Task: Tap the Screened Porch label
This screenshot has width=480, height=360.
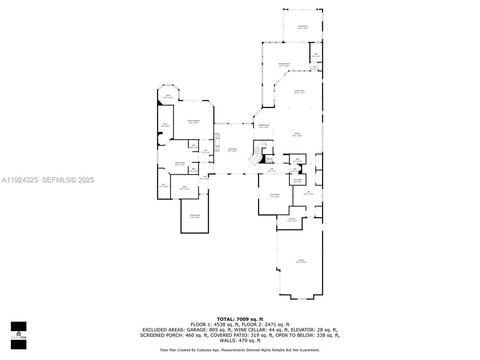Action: tap(284, 64)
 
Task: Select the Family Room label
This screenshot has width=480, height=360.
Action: tap(299, 91)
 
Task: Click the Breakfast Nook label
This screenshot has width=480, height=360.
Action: tap(264, 126)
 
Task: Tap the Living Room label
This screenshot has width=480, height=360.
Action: tap(232, 149)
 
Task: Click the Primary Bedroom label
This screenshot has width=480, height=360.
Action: tap(193, 121)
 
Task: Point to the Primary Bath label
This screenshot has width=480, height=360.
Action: tap(180, 163)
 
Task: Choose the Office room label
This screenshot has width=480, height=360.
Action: tap(184, 188)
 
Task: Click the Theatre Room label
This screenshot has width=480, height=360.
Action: tap(194, 216)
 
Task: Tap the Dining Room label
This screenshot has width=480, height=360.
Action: tap(275, 195)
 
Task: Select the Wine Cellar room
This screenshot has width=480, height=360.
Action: tap(297, 180)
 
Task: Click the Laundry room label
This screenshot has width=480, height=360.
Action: tap(292, 219)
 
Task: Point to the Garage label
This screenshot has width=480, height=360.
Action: tap(301, 261)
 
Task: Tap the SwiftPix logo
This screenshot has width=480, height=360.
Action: tap(18, 331)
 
